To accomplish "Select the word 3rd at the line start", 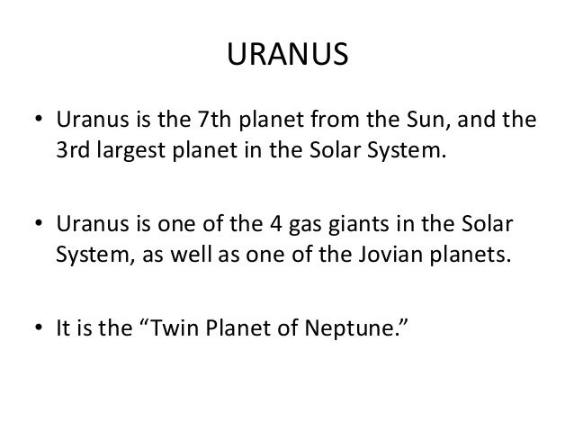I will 71,148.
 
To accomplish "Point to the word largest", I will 130,150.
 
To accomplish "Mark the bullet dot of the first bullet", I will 40,121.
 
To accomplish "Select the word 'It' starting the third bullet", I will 64,321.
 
